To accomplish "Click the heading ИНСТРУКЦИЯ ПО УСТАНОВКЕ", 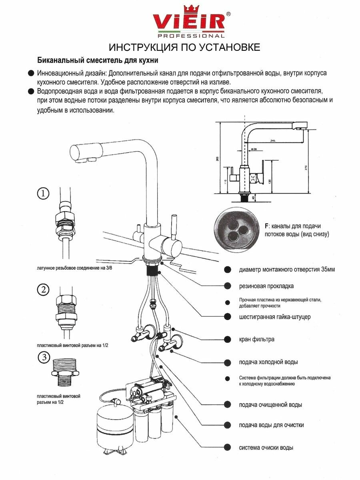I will [x=185, y=47].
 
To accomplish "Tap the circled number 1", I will [x=43, y=194].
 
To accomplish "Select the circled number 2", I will [x=43, y=289].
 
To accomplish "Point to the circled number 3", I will [x=43, y=357].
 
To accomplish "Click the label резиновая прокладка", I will [x=266, y=286].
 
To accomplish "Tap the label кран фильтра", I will [x=256, y=339].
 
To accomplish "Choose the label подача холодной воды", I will [x=268, y=362].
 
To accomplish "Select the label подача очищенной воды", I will [x=270, y=405].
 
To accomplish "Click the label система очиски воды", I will [x=266, y=447].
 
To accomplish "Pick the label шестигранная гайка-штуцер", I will [x=274, y=317].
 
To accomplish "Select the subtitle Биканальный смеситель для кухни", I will [x=98, y=61].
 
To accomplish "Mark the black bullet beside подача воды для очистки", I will [x=227, y=425].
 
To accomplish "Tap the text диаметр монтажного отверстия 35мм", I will [x=287, y=269].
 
